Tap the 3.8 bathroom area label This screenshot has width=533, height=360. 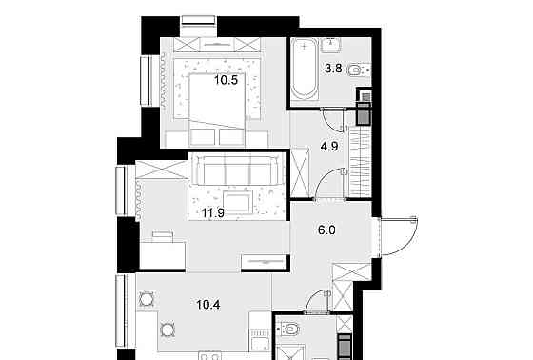(334, 68)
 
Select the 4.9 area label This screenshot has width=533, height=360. (329, 148)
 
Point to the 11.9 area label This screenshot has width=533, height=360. (214, 213)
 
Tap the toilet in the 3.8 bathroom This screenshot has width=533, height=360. (356, 70)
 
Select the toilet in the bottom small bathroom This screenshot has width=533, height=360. (292, 330)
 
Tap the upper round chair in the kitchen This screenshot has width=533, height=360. (147, 296)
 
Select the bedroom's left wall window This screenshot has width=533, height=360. (148, 81)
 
